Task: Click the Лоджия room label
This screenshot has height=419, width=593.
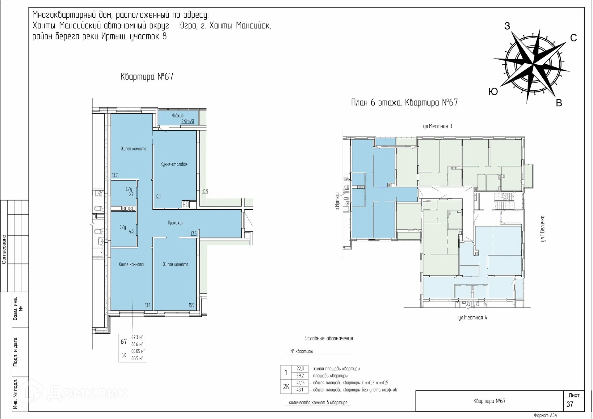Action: point(178,116)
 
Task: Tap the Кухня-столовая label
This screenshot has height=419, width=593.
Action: point(174,164)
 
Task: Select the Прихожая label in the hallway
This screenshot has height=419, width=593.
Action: point(175,223)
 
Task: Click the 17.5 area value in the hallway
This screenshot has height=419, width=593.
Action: point(194,233)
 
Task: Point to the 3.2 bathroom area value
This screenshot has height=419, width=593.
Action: point(131,194)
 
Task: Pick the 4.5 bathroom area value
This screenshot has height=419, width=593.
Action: point(131,231)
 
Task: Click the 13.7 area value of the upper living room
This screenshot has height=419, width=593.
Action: point(115,175)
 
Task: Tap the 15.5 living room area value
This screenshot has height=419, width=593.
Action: point(191,305)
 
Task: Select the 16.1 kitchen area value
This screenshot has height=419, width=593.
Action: point(158,196)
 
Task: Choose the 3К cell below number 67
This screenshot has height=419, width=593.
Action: point(124,355)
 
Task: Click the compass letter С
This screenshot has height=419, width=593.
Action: point(574,38)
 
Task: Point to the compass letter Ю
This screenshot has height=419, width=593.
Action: point(493,92)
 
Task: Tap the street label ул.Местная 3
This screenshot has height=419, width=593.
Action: point(437,126)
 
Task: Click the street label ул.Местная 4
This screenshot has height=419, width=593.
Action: point(473,318)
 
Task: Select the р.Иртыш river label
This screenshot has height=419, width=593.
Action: point(338,201)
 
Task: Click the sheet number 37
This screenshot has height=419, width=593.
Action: point(570,404)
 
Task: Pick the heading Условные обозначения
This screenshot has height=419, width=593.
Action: point(329,338)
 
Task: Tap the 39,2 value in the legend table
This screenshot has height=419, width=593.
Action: point(300,376)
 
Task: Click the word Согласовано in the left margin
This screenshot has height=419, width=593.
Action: point(4,250)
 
